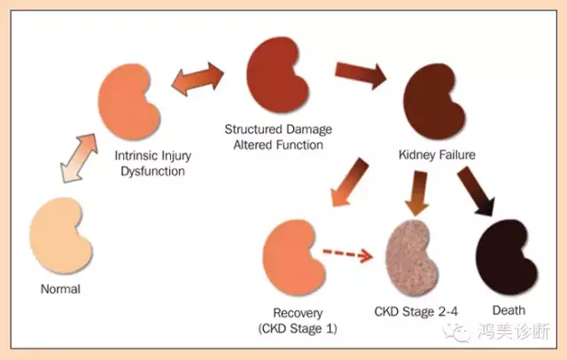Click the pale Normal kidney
click(58, 235)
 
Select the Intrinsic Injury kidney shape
click(127, 102)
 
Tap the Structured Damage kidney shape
click(276, 74)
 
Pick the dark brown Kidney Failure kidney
click(432, 102)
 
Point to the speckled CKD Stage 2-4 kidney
click(411, 257)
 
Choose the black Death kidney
click(505, 257)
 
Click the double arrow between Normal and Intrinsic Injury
click(79, 158)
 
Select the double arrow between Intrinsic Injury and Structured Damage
click(198, 79)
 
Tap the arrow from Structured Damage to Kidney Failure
click(361, 74)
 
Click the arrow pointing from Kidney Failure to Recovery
click(350, 182)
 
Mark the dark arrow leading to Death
click(476, 191)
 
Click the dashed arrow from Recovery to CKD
click(347, 254)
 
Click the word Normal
click(60, 289)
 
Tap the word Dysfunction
click(152, 171)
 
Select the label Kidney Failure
click(437, 155)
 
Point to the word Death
click(509, 310)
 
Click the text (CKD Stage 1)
click(298, 329)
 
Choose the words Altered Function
click(278, 145)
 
